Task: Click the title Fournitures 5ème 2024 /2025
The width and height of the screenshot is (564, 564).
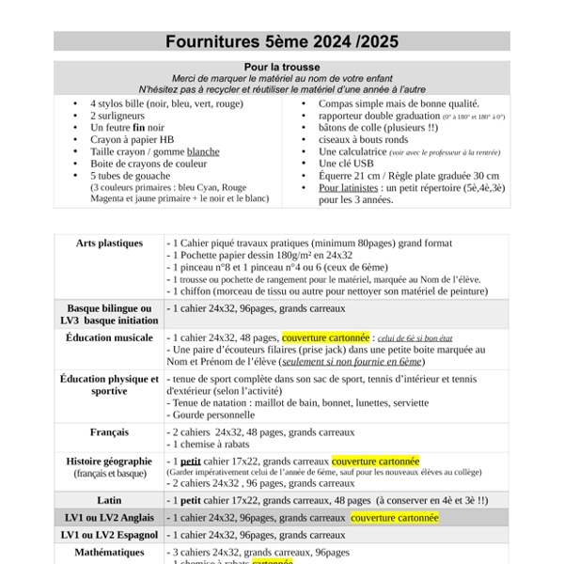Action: click(x=282, y=41)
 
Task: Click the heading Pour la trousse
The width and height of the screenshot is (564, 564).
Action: click(x=282, y=67)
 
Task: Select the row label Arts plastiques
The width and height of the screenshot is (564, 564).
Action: click(x=109, y=243)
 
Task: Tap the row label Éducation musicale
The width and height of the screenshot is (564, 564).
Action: click(x=109, y=337)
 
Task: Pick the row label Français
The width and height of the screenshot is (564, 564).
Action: click(x=109, y=432)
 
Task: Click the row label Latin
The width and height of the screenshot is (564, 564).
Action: click(x=109, y=500)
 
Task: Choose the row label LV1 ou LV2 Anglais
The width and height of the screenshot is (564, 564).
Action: click(x=109, y=517)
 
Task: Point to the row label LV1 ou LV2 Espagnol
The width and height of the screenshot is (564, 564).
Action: click(x=109, y=535)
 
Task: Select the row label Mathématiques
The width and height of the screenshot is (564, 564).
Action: click(x=109, y=553)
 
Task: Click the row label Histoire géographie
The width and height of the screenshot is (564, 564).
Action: click(x=109, y=462)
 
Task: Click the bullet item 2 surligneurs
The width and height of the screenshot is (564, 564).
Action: click(x=118, y=116)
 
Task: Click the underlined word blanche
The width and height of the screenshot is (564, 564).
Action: click(x=203, y=151)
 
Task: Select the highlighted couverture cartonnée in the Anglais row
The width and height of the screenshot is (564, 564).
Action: click(x=395, y=518)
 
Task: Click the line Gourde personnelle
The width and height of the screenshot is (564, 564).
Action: click(x=215, y=414)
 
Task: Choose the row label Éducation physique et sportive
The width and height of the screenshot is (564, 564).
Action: click(x=109, y=384)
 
